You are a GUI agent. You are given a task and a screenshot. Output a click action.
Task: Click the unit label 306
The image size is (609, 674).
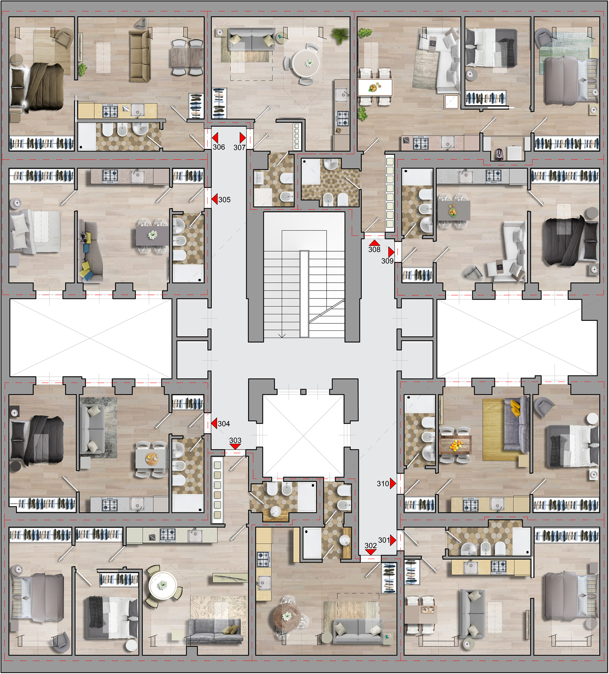pos(219,147)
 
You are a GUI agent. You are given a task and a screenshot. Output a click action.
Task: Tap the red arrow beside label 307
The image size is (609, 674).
pos(243,137)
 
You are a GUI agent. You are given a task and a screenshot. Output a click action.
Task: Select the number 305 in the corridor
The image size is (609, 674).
pos(225,199)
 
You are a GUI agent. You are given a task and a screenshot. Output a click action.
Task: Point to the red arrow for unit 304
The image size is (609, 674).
pos(214,423)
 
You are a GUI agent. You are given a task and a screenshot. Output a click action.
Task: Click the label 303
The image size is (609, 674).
pos(235,440)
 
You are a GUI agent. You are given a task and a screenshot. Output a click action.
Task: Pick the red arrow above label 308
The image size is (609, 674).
pos(374,243)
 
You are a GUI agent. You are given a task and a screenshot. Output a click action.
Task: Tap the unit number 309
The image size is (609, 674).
pos(387,261)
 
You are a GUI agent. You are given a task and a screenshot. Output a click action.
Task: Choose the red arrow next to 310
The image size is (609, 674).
pos(393,483)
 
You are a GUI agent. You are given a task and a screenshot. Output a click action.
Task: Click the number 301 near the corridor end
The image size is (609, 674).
pos(384,540)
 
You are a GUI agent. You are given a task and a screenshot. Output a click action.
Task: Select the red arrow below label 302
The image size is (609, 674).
pos(370,552)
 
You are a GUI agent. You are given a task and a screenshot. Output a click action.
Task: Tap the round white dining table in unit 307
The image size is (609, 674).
pos(306,63)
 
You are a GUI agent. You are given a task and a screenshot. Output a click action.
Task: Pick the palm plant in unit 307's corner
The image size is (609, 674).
pos(340,35)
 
